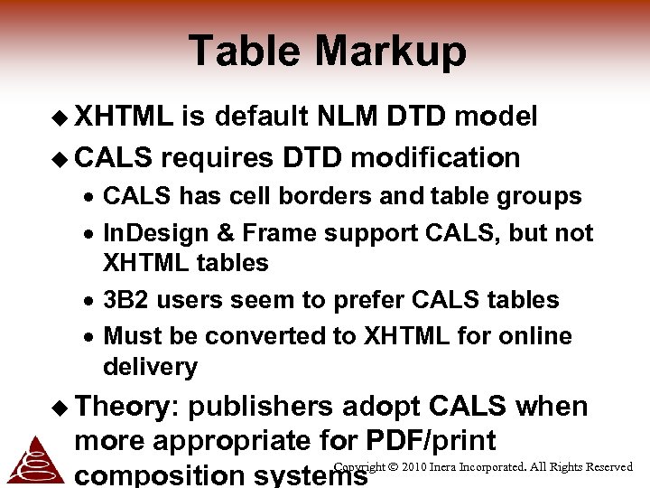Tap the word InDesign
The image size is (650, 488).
pyautogui.click(x=155, y=233)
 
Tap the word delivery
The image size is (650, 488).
pyautogui.click(x=150, y=367)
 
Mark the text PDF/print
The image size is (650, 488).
pyautogui.click(x=432, y=441)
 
